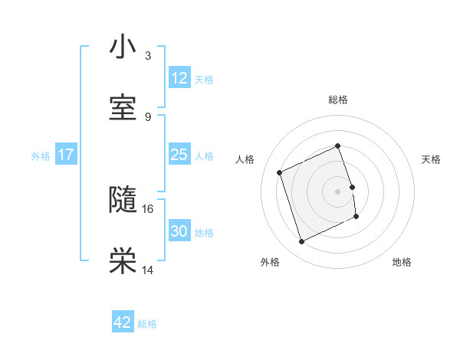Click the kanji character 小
123,47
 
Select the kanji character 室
123,108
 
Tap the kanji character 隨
123,201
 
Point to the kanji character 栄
123,262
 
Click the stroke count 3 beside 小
148,56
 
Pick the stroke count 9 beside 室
148,117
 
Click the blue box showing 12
179,78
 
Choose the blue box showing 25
179,155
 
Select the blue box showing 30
179,231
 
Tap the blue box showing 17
66,155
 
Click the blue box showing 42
123,322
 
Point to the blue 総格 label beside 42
147,324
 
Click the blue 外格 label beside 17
41,156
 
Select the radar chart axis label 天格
432,159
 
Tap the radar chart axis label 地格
402,262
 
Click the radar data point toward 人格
281,172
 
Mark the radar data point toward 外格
301,242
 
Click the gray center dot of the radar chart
337,191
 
